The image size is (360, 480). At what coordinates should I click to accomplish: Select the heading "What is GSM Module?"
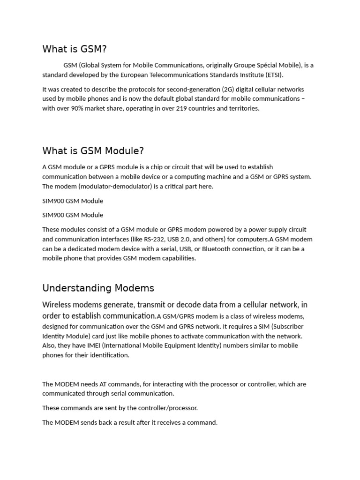coord(93,151)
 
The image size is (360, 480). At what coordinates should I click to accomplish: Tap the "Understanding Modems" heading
coord(98,288)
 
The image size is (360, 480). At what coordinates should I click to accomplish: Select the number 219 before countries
coord(181,108)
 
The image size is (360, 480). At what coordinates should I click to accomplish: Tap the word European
coord(135,75)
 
